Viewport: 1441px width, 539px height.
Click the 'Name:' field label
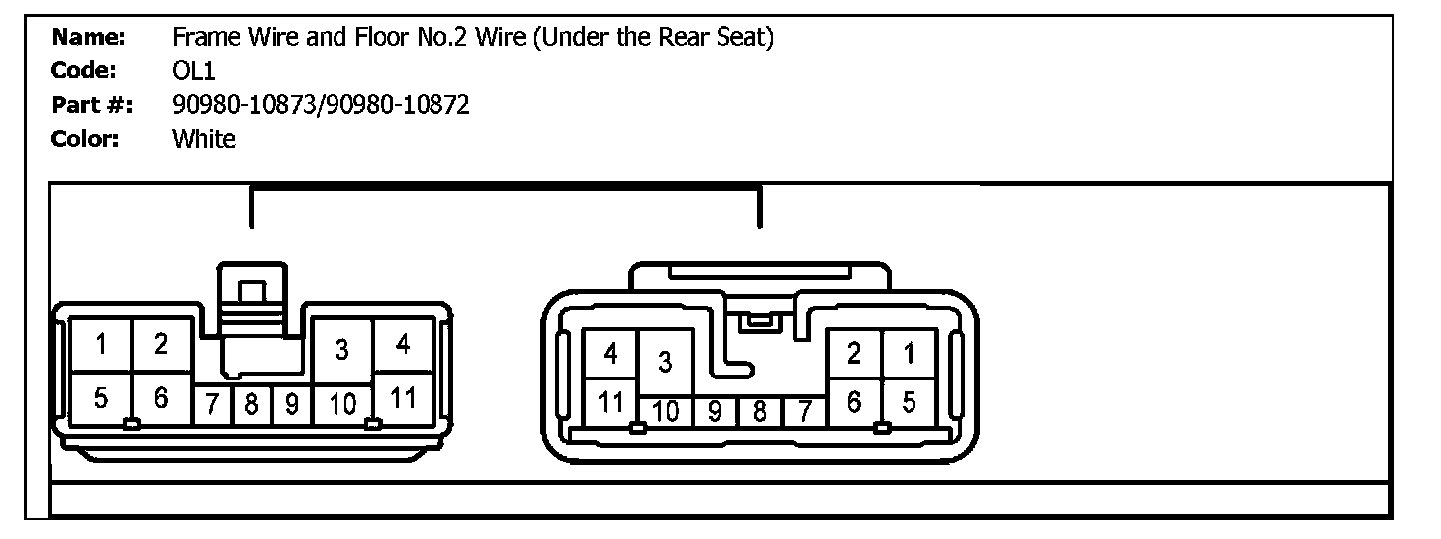(88, 38)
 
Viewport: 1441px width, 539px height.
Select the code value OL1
(191, 71)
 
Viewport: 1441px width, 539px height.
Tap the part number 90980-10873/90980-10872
(321, 105)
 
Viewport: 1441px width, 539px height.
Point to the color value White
(204, 139)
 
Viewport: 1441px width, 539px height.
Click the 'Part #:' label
(93, 105)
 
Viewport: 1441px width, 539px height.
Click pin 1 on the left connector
(101, 345)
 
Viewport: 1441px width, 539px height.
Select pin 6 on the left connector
(161, 398)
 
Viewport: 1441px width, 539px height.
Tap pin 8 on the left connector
(251, 405)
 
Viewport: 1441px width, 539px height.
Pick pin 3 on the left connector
(341, 349)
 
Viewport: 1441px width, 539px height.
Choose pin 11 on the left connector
(402, 398)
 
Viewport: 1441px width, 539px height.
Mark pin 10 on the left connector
(341, 405)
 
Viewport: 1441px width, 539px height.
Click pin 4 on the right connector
(611, 354)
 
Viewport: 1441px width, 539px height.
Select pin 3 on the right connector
(665, 363)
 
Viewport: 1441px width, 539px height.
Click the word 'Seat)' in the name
(745, 38)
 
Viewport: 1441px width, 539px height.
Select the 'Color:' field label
(85, 139)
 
